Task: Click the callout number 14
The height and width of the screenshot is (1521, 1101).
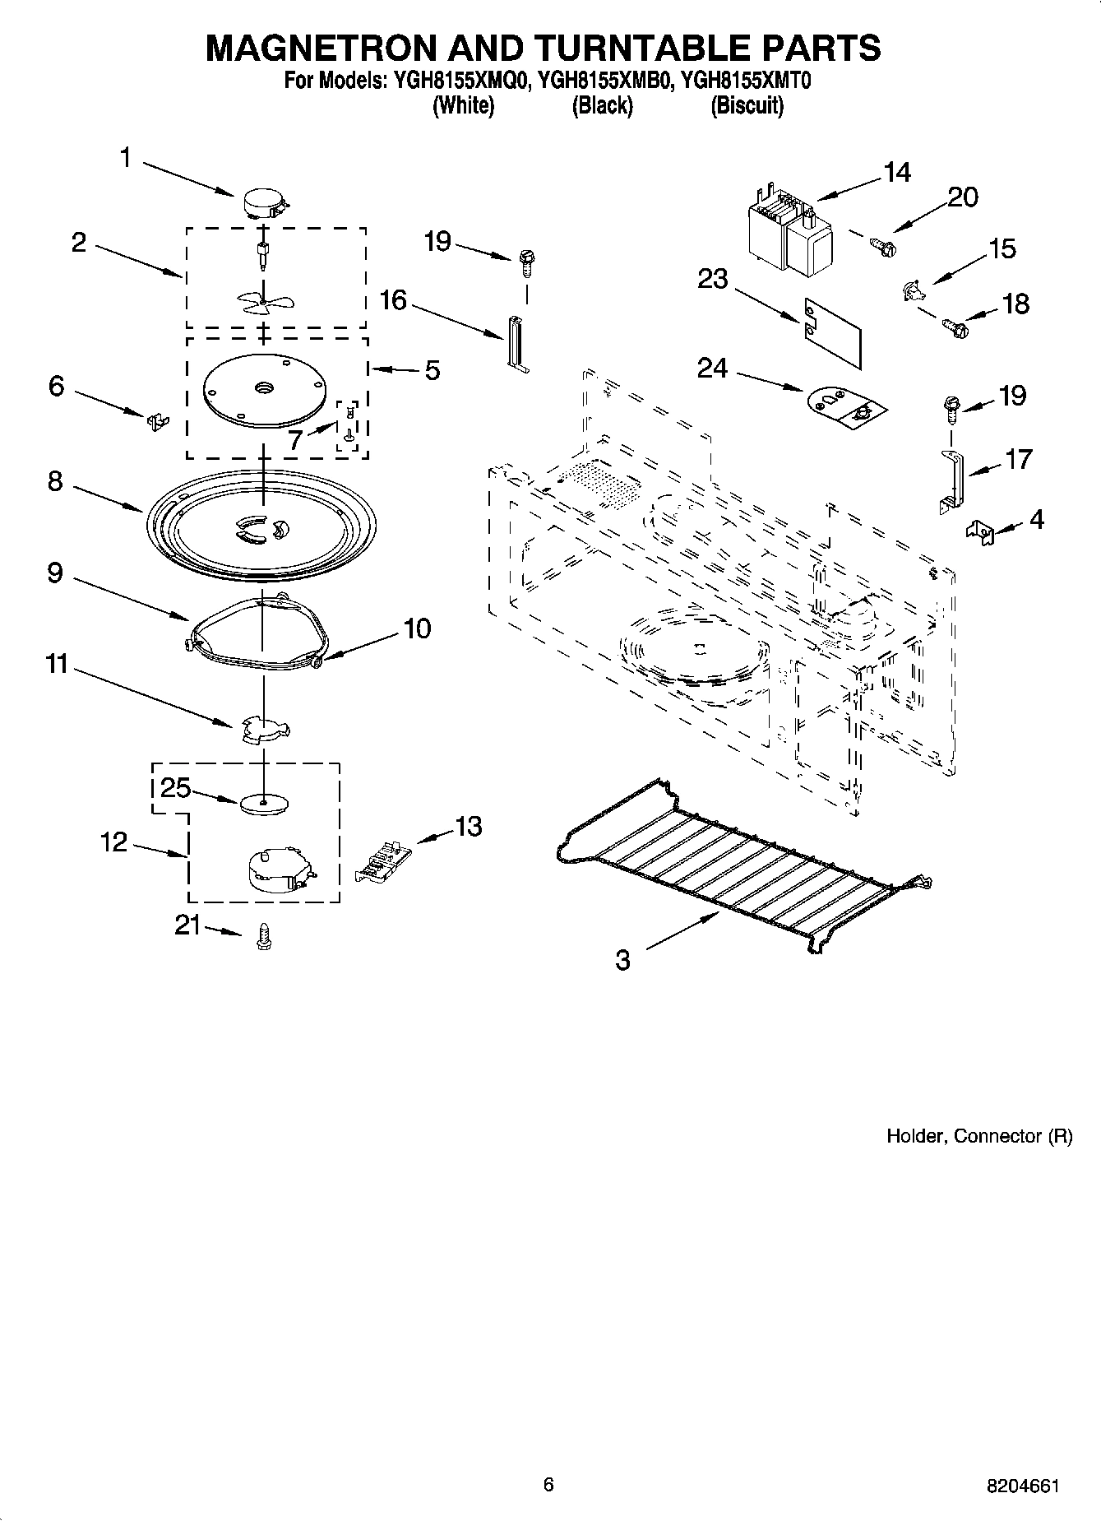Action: (x=897, y=173)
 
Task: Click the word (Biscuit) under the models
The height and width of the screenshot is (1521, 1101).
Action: (x=747, y=105)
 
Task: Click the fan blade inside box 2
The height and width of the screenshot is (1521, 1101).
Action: (x=260, y=303)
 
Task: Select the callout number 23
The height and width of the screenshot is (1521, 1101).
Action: (x=712, y=279)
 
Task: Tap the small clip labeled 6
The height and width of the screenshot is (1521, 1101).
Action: (x=156, y=420)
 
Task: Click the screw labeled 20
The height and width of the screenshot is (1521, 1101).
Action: (x=883, y=243)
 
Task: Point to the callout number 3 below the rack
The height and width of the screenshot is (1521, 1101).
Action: (x=622, y=959)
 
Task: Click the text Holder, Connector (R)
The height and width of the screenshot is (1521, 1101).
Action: (x=978, y=1136)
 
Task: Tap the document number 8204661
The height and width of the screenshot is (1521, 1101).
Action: (x=1022, y=1486)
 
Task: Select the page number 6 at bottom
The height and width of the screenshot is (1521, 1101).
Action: (x=548, y=1485)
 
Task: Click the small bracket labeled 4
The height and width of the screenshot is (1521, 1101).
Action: (x=981, y=531)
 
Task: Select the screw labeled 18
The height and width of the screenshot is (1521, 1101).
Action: (x=956, y=329)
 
